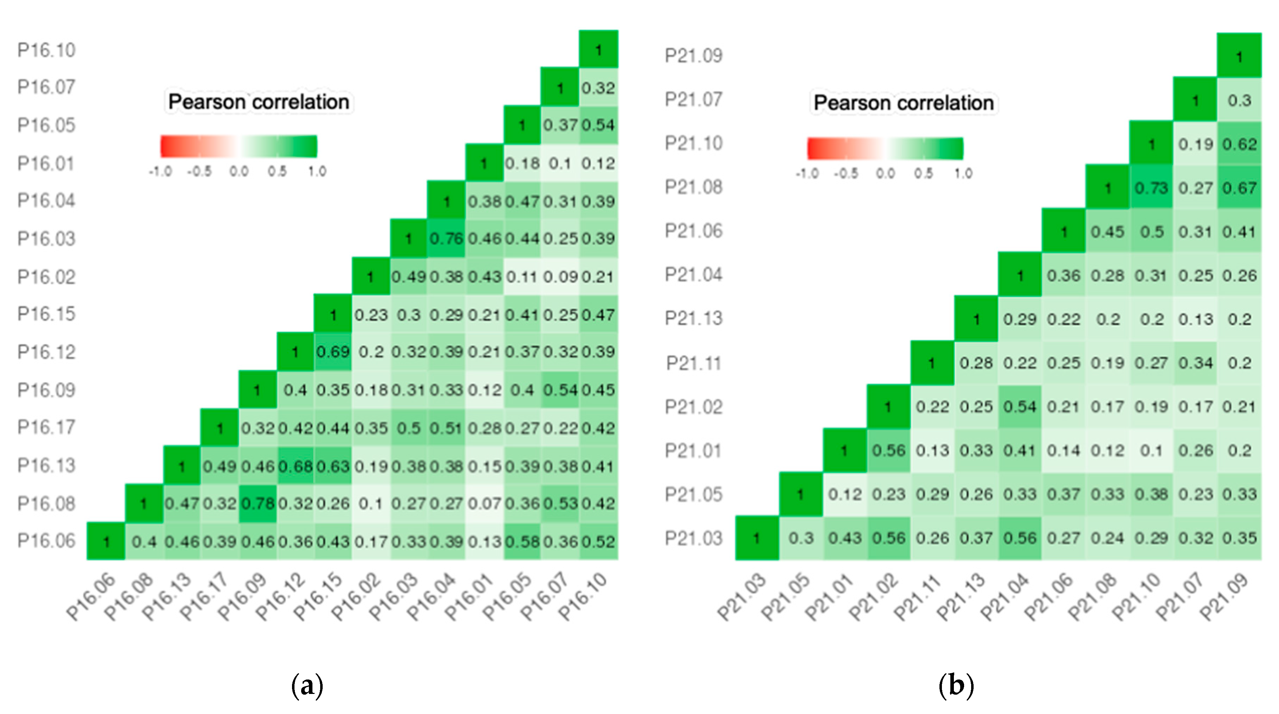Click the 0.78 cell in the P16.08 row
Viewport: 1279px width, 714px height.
coord(258,503)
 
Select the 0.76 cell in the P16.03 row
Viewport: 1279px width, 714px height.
coord(446,239)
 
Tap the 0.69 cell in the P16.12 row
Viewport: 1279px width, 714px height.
coord(333,352)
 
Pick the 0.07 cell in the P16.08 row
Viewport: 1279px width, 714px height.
coord(484,503)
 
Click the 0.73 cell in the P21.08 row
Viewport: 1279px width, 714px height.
coord(1151,188)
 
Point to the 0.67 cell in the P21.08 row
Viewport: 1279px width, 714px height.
coord(1239,188)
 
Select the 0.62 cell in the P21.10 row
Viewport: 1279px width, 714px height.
coord(1239,144)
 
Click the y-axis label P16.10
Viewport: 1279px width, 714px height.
coord(46,50)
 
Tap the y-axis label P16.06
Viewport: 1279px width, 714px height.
coord(46,541)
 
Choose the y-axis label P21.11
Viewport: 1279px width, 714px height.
coord(693,363)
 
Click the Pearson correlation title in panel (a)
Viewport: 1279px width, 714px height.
coord(258,102)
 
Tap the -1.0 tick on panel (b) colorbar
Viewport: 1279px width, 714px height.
coord(807,174)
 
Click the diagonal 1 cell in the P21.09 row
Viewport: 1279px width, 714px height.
coord(1239,56)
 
